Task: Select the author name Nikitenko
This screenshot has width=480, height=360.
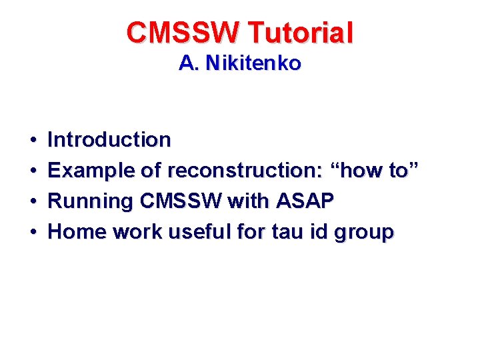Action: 253,63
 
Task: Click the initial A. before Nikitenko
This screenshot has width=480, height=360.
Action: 189,63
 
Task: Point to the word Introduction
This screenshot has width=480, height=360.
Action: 109,140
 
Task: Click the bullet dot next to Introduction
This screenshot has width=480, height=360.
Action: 33,141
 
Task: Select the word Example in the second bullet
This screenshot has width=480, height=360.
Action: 92,171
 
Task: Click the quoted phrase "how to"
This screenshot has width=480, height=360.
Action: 378,171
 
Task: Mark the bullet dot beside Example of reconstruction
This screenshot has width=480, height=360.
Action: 33,171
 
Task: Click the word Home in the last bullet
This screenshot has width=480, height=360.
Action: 78,232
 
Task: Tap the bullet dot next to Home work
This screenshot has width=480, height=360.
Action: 33,233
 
